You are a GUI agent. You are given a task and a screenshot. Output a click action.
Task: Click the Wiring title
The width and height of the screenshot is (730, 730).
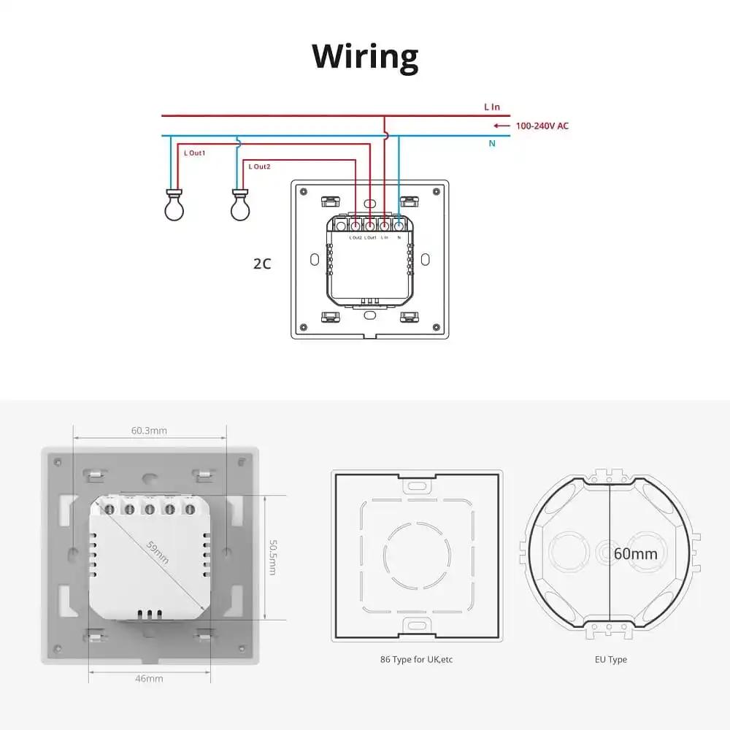(x=365, y=56)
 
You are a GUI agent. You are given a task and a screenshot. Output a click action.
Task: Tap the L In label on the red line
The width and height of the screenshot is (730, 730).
(x=492, y=107)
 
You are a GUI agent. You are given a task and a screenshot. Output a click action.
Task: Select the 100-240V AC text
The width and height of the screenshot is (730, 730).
(x=542, y=126)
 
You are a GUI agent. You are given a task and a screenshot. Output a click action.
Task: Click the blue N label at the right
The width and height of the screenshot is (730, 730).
(x=492, y=144)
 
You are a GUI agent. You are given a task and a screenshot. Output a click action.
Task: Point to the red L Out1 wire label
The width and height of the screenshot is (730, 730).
(x=194, y=153)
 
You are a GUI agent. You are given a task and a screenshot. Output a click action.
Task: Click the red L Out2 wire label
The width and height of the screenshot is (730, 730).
(x=259, y=167)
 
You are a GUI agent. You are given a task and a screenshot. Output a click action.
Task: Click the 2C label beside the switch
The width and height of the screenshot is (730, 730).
(x=262, y=264)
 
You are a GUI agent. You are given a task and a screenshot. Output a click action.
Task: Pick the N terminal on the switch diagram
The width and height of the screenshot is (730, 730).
(x=399, y=225)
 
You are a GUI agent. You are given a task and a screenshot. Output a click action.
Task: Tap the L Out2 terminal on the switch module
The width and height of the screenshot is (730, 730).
(x=356, y=225)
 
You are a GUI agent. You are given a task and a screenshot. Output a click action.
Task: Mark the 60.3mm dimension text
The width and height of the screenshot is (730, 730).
(x=149, y=431)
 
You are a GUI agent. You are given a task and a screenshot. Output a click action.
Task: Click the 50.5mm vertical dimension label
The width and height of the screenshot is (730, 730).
(x=272, y=557)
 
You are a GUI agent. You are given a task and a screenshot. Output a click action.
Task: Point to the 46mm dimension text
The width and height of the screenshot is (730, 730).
(x=149, y=678)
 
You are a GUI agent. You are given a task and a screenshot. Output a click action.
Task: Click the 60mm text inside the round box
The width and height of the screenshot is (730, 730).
(x=635, y=553)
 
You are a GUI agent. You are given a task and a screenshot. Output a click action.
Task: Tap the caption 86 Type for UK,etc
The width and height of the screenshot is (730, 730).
(x=417, y=659)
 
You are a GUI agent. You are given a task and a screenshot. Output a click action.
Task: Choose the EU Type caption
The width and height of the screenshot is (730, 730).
(x=610, y=659)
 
